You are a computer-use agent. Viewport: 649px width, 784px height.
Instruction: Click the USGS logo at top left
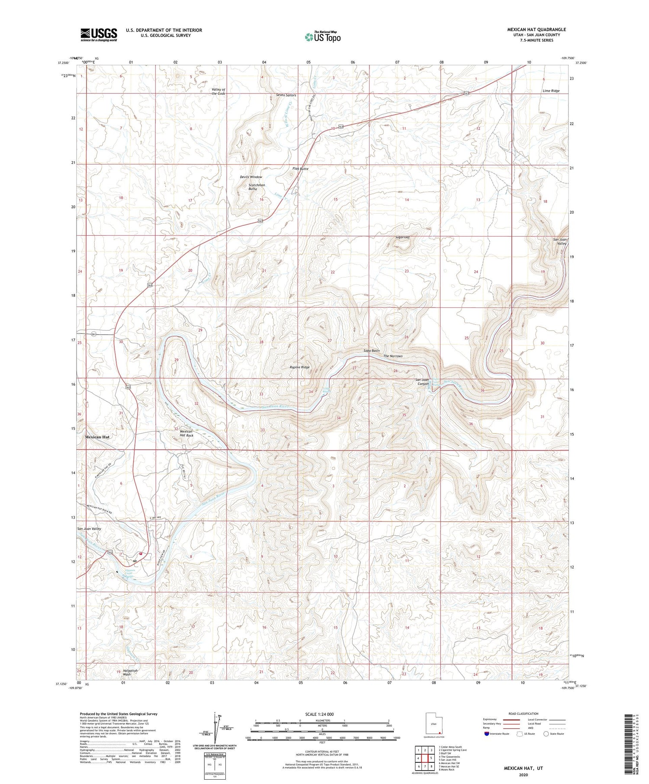point(99,35)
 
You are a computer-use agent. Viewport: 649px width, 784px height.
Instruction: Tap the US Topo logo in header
point(322,37)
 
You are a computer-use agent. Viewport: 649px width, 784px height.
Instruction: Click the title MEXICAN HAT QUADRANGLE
point(536,29)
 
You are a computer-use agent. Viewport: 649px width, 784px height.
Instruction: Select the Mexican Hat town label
point(97,437)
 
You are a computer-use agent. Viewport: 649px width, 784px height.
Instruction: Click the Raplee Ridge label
point(299,367)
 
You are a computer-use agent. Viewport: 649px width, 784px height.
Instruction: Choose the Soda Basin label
point(371,350)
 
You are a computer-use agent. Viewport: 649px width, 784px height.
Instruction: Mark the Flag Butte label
point(300,169)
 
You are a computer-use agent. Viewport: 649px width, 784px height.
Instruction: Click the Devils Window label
point(251,177)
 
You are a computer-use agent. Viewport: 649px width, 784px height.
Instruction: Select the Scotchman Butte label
point(256,187)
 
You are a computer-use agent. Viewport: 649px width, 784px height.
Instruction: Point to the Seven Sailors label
point(286,95)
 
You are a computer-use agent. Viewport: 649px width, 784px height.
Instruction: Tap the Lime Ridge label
point(551,91)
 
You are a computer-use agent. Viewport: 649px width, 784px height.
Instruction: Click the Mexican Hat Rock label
point(186,433)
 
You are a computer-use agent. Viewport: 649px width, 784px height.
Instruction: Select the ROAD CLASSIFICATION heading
point(523,714)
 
